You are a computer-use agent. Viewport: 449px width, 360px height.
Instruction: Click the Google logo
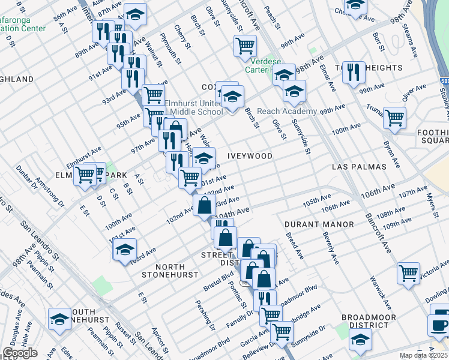pos(20,353)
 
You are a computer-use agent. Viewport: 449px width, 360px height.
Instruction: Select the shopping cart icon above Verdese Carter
pos(245,45)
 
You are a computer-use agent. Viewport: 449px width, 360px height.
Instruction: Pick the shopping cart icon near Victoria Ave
pos(408,272)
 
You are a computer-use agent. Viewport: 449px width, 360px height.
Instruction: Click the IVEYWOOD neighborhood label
pos(250,156)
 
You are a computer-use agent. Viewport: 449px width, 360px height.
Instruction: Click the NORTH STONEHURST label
pos(169,271)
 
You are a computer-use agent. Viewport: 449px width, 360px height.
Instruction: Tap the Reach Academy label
pos(287,112)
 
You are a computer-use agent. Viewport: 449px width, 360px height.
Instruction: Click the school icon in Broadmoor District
pos(360,340)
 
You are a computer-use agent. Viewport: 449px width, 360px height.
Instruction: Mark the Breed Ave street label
pos(295,246)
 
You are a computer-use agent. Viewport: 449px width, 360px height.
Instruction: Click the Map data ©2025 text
pos(424,355)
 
